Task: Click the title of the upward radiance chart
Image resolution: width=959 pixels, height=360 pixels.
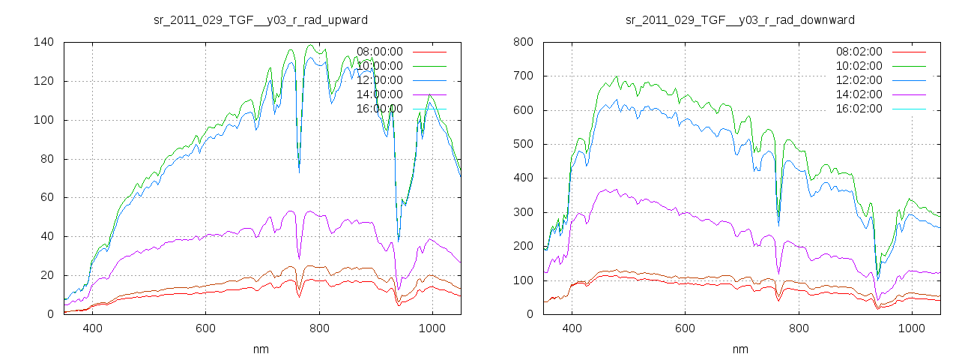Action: click(x=261, y=19)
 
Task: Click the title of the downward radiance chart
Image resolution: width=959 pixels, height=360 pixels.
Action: click(x=740, y=19)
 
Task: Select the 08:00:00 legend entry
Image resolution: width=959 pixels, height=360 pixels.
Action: click(x=380, y=52)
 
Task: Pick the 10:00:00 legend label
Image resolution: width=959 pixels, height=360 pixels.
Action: click(x=380, y=66)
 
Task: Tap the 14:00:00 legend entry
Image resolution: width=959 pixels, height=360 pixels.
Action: click(x=380, y=94)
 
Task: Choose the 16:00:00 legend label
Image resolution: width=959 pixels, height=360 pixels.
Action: click(x=380, y=109)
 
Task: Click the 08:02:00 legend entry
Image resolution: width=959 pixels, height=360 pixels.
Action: click(x=859, y=52)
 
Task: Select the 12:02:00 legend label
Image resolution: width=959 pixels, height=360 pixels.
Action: click(x=859, y=80)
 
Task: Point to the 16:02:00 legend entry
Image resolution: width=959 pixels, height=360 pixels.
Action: click(x=859, y=109)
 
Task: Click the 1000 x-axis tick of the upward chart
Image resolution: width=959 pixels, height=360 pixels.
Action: click(x=432, y=328)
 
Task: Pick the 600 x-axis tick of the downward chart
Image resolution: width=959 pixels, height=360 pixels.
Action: click(x=685, y=328)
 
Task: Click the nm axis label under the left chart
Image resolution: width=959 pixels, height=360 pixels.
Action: click(x=261, y=349)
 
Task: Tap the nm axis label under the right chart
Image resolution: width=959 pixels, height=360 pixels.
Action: click(x=740, y=349)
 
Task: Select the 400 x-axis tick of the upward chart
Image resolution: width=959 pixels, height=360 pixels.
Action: click(x=93, y=328)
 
